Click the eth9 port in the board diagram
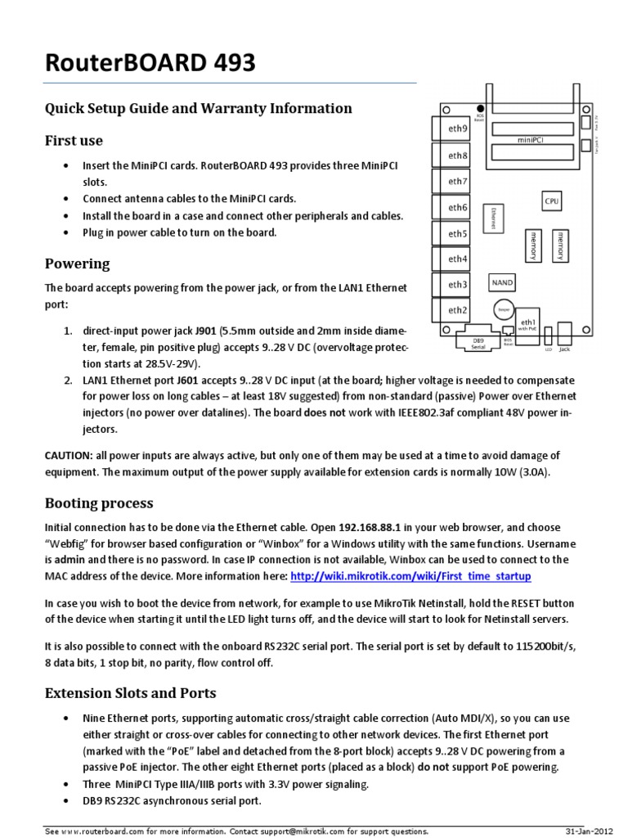pos(456,128)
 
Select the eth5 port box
pos(456,233)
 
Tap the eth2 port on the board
pos(456,310)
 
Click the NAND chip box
pos(501,282)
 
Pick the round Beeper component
pos(502,309)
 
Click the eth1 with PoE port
pos(528,325)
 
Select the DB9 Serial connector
pos(478,343)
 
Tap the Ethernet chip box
pos(495,218)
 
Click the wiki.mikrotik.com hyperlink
pos(411,577)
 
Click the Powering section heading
pos(77,264)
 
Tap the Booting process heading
pos(98,502)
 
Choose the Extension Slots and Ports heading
pos(130,693)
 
